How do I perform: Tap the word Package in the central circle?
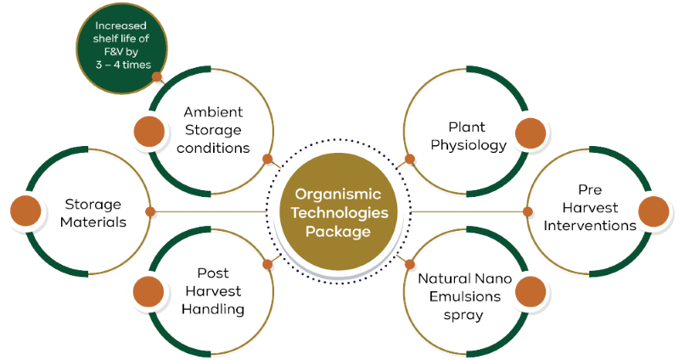pyautogui.click(x=339, y=230)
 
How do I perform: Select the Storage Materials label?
pyautogui.click(x=93, y=214)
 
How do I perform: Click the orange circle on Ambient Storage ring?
pyautogui.click(x=146, y=131)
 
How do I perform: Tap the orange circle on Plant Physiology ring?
pyautogui.click(x=531, y=134)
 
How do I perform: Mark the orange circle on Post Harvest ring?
pyautogui.click(x=146, y=290)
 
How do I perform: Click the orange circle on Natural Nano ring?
pyautogui.click(x=531, y=290)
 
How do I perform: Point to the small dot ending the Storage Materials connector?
pyautogui.click(x=150, y=211)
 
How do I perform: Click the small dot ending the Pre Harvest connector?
pyautogui.click(x=528, y=211)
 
